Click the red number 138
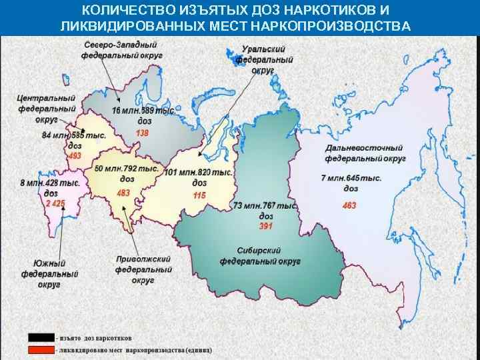pos(143,133)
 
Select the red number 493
pos(75,155)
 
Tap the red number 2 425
pos(55,203)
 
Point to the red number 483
pos(124,193)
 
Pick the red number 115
pos(199,195)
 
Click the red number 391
pos(265,227)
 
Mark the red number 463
pos(349,205)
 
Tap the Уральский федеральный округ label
pos(264,60)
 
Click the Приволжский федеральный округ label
pos(143,269)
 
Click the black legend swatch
pos(40,337)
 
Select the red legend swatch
pos(40,349)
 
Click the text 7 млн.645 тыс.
pos(351,178)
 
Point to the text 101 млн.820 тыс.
pos(199,173)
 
